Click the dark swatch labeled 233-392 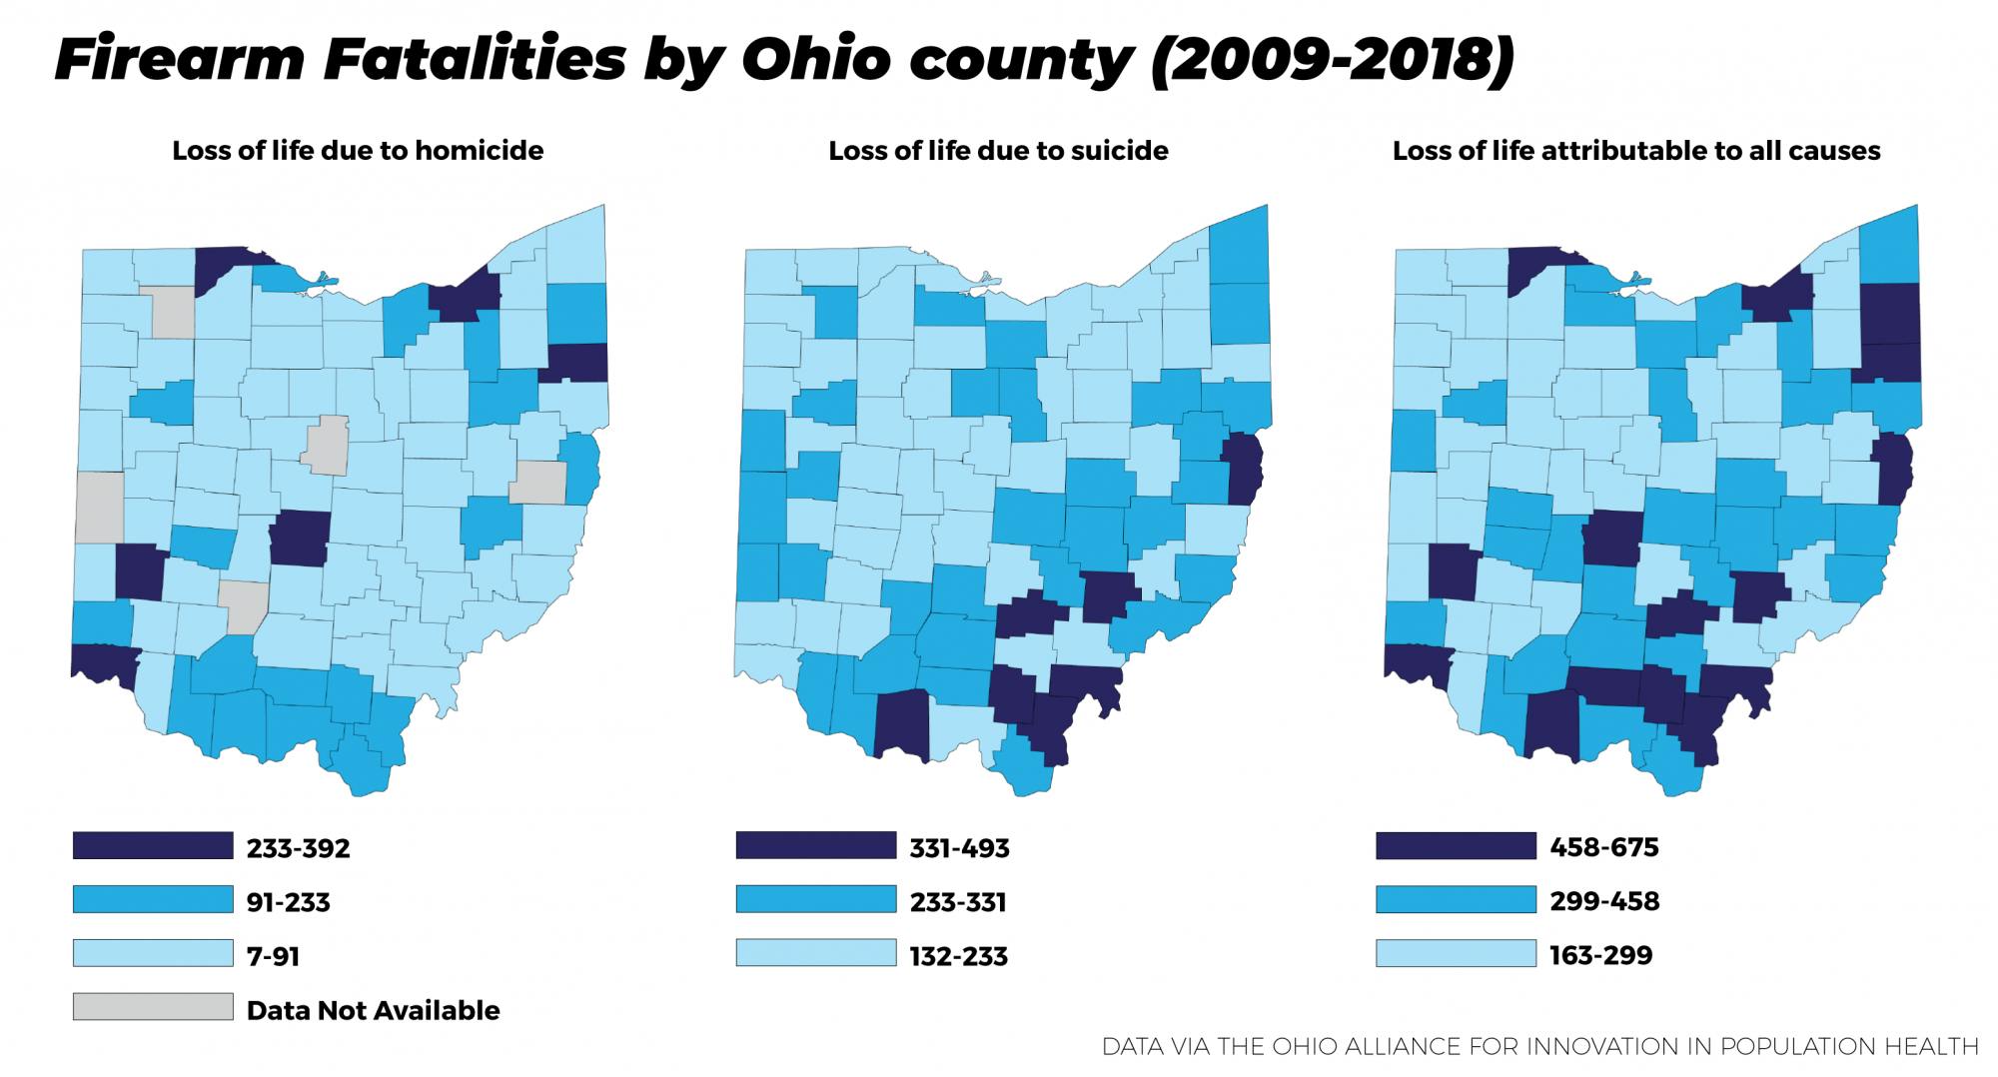[x=152, y=845]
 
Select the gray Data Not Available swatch [x=152, y=1007]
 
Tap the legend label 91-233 [x=288, y=902]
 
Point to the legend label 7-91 [x=273, y=956]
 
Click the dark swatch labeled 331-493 [x=815, y=845]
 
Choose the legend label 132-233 [x=958, y=956]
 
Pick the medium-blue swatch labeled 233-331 [x=815, y=899]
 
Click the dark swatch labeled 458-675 [x=1455, y=845]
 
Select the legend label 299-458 [x=1603, y=901]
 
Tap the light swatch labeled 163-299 [x=1455, y=953]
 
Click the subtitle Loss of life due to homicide [x=358, y=151]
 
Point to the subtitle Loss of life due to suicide [x=998, y=151]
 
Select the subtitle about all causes [x=1636, y=151]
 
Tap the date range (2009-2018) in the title [x=1333, y=60]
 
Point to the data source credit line [x=1539, y=1046]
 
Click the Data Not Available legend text [x=373, y=1010]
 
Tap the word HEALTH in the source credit [x=1927, y=1046]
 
